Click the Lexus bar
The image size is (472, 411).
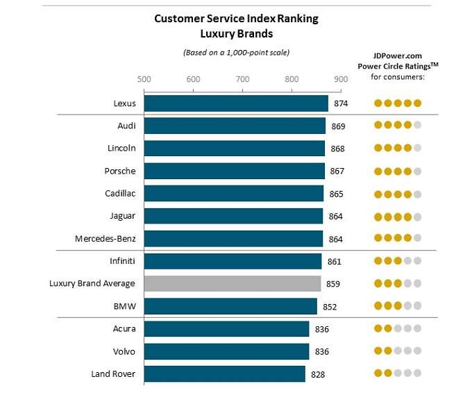click(236, 103)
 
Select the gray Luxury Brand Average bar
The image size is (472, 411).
click(233, 283)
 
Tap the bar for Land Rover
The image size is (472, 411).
click(224, 374)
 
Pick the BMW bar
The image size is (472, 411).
click(230, 306)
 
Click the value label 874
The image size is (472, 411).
click(340, 104)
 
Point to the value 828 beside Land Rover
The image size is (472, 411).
click(317, 374)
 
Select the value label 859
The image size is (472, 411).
click(332, 284)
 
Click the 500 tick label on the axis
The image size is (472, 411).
click(144, 79)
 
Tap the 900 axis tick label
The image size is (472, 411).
click(340, 79)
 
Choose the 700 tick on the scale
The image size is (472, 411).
click(242, 79)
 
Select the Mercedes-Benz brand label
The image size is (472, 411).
click(106, 239)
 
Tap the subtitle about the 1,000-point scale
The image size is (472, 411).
click(236, 52)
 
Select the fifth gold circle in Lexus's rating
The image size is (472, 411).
click(417, 103)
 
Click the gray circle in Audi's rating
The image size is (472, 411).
click(417, 126)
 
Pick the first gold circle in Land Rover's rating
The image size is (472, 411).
click(378, 373)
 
